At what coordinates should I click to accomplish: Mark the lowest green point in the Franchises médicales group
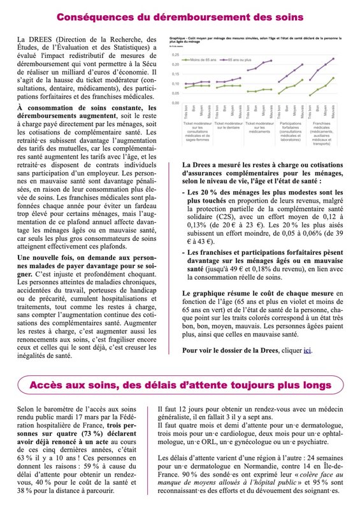310,95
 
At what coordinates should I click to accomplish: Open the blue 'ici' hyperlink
308,350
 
